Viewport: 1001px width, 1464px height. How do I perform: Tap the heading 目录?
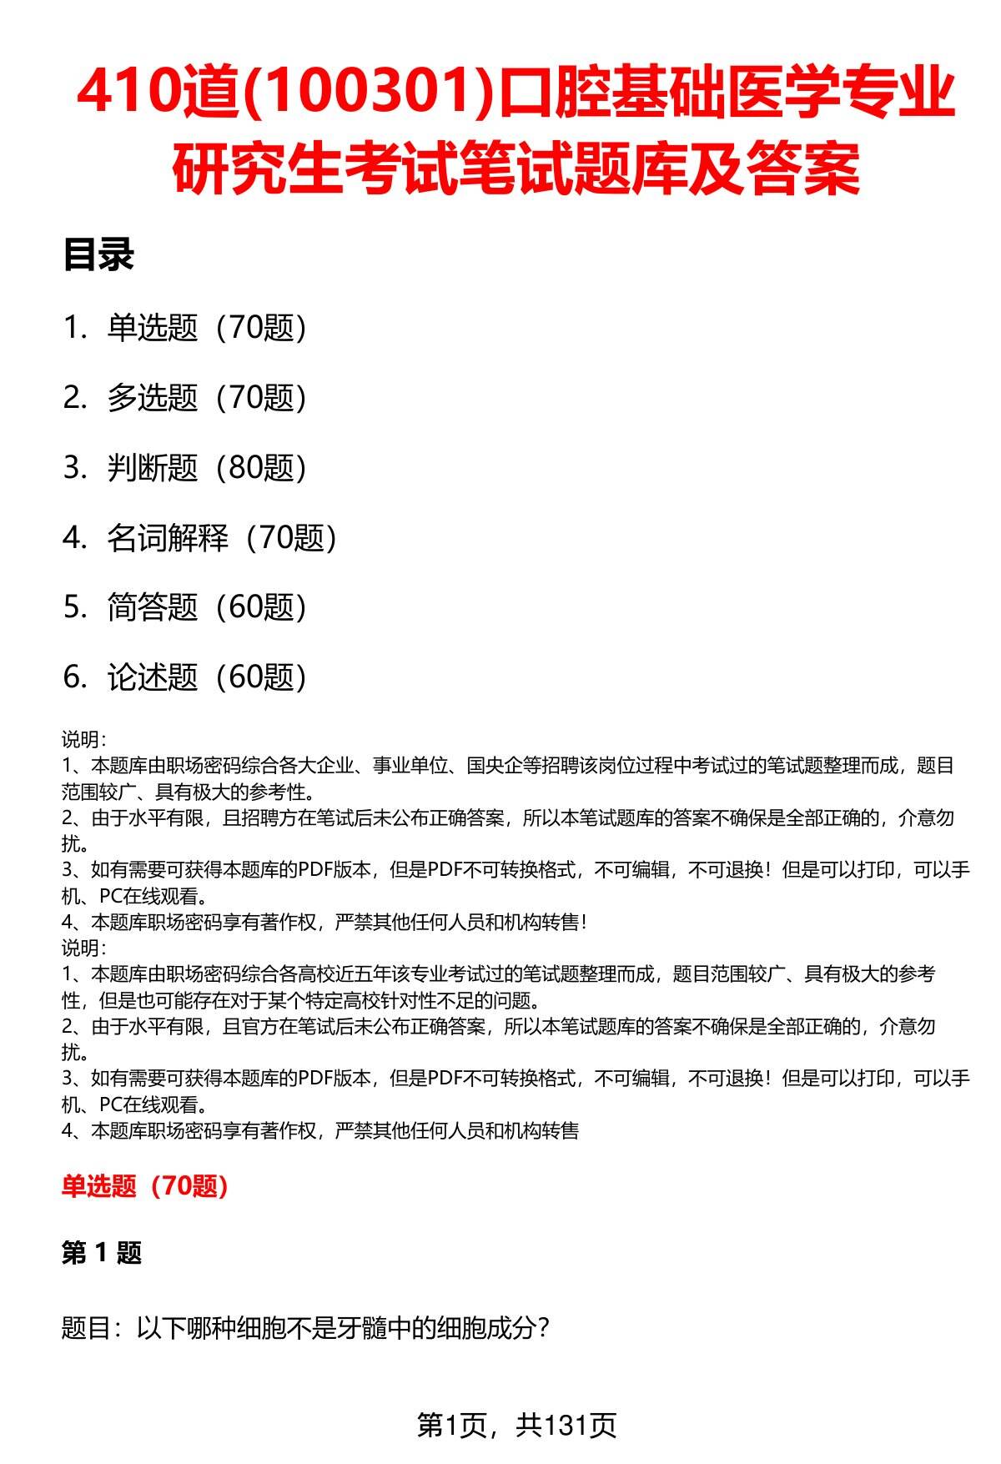(x=98, y=255)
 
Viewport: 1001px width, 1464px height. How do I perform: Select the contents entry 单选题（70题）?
(x=206, y=328)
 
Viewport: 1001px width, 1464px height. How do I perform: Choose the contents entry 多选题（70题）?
(x=206, y=398)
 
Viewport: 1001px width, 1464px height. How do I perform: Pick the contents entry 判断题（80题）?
(x=206, y=468)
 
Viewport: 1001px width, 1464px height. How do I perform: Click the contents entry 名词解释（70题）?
(x=221, y=538)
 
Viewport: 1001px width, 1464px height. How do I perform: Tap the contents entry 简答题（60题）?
(x=206, y=607)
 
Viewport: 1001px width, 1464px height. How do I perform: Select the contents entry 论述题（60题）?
(x=206, y=677)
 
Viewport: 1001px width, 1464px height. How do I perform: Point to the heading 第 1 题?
(x=101, y=1253)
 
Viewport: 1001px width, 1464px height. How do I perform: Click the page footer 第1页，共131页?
(x=516, y=1426)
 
